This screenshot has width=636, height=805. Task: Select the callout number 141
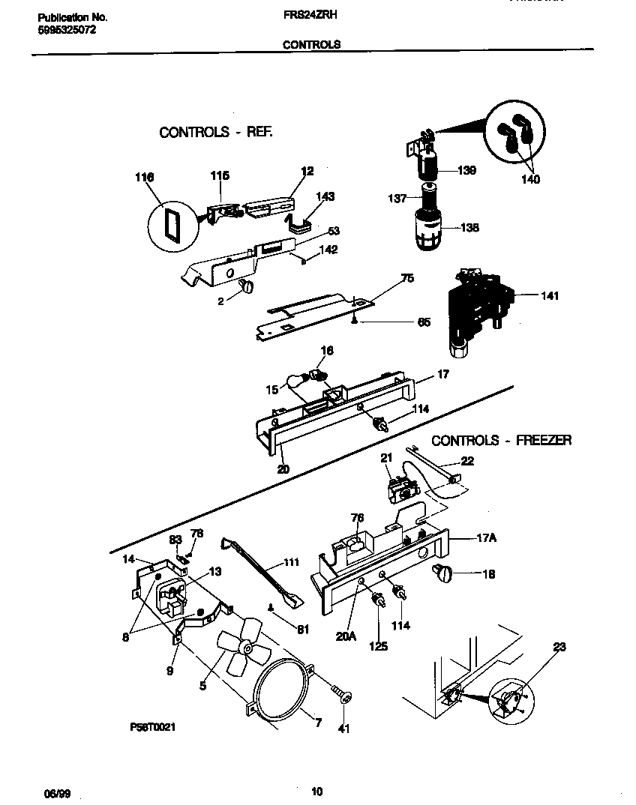coord(549,296)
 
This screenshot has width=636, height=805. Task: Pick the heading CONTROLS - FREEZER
coord(501,440)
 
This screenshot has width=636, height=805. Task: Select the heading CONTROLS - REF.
coord(216,132)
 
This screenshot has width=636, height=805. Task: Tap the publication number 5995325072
coord(67,30)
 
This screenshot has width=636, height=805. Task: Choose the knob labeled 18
coord(442,574)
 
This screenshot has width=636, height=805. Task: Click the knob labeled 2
coord(247,286)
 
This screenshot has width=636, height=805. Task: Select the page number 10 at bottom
coord(316,792)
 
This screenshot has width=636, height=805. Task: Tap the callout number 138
coord(469,228)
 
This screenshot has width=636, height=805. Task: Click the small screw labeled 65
coord(353,321)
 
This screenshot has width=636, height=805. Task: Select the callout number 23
coord(559,646)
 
